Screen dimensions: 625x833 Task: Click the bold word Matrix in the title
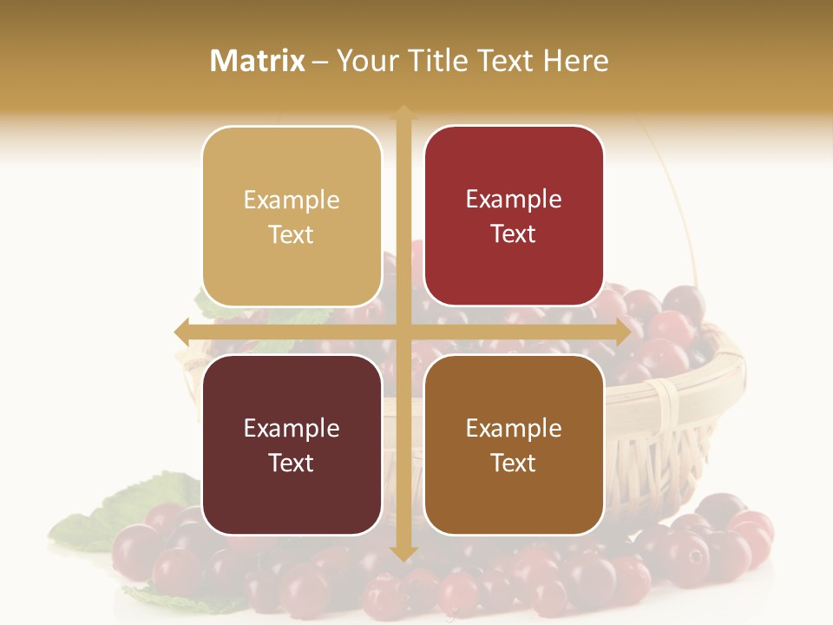pos(258,61)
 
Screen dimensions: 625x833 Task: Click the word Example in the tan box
pos(292,201)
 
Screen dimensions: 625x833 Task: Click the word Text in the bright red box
pos(514,234)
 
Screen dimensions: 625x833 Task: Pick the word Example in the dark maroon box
pos(292,429)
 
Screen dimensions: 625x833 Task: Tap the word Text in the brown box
pos(514,464)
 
